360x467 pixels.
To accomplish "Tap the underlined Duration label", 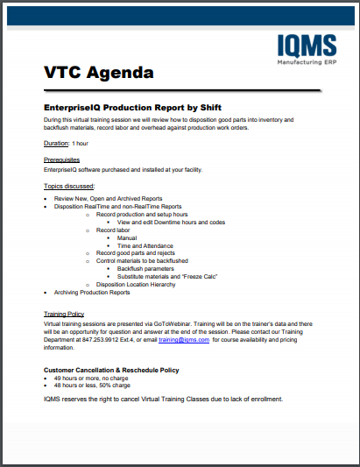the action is (56, 143).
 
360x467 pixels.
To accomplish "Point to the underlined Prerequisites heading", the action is (61, 160).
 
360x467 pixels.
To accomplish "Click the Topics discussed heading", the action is (69, 187).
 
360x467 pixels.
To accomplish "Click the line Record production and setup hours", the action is (142, 215).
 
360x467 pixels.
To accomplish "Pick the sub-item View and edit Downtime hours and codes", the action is (171, 223).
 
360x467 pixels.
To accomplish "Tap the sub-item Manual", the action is (126, 237).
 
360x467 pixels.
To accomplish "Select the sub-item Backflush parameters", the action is (146, 268).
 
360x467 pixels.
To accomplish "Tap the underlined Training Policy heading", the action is (64, 314).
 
